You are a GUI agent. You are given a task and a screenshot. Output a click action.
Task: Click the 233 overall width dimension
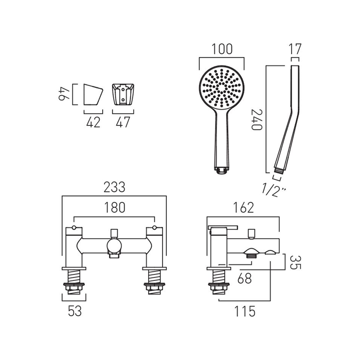pyautogui.click(x=114, y=187)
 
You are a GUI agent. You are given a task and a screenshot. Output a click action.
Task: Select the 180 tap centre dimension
pyautogui.click(x=115, y=208)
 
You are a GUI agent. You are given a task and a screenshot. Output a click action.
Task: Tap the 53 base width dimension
pyautogui.click(x=75, y=311)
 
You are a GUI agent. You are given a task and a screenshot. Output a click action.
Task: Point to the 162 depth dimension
pyautogui.click(x=243, y=208)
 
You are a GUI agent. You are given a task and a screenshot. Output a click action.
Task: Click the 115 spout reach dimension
pyautogui.click(x=244, y=311)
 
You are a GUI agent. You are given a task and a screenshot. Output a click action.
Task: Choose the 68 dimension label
pyautogui.click(x=245, y=279)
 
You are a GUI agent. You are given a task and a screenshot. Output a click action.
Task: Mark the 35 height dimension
pyautogui.click(x=295, y=262)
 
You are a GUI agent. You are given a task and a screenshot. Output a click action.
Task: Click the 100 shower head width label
pyautogui.click(x=222, y=49)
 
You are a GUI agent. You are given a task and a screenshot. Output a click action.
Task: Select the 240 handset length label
pyautogui.click(x=257, y=119)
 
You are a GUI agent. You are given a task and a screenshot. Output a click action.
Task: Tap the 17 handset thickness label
pyautogui.click(x=295, y=49)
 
